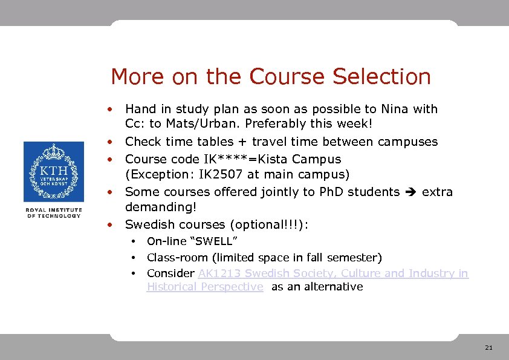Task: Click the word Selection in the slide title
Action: (x=381, y=77)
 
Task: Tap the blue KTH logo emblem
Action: (x=53, y=172)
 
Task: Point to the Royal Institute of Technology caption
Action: (x=53, y=212)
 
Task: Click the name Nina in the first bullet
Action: (x=395, y=109)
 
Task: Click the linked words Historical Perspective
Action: (x=205, y=287)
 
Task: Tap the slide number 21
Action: (x=488, y=348)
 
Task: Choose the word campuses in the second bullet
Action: (x=407, y=142)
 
